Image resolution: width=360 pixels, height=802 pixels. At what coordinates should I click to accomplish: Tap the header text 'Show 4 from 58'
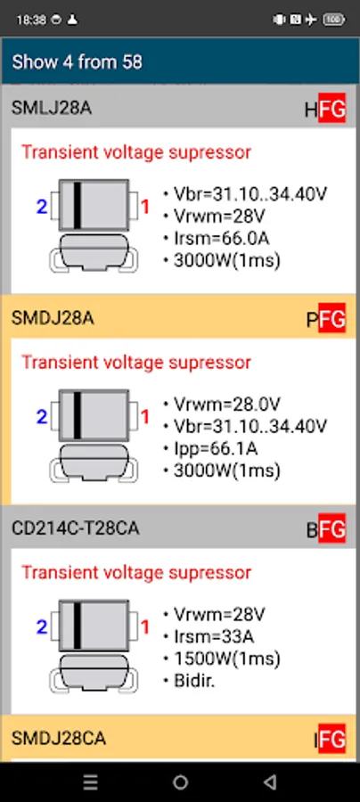[77, 62]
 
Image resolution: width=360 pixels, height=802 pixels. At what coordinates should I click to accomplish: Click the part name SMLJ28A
[51, 109]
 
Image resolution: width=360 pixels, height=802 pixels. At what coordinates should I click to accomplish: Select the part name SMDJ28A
[53, 318]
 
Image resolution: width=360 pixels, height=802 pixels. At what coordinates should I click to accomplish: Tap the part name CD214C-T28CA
[75, 528]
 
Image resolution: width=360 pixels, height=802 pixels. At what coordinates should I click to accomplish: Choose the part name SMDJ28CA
[58, 739]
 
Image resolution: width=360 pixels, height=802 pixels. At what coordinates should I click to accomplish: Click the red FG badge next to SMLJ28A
[331, 108]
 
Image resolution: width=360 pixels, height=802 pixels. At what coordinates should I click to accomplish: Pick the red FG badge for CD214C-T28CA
[331, 528]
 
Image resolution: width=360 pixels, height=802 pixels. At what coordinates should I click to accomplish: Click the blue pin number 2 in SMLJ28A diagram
[42, 207]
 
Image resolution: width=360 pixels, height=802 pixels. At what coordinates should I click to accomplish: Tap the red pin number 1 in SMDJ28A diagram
[145, 417]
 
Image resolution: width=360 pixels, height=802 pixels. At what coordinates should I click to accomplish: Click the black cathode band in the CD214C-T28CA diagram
[78, 625]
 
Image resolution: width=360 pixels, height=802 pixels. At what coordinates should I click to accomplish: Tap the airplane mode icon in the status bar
[310, 20]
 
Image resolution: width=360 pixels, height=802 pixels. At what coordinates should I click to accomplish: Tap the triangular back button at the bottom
[269, 782]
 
